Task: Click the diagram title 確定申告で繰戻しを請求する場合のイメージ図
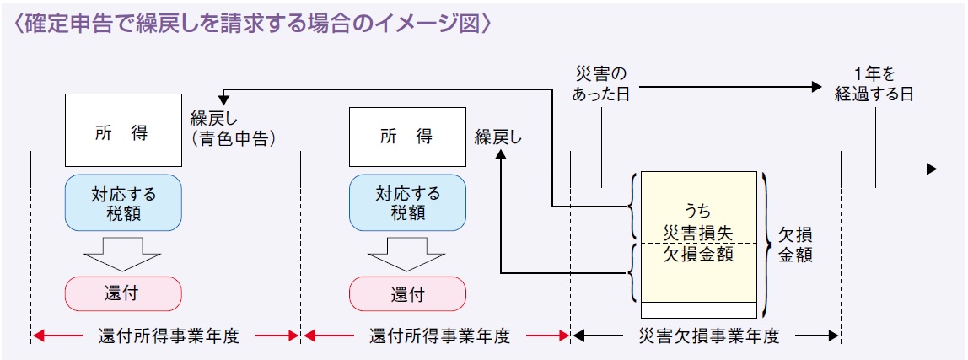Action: click(253, 23)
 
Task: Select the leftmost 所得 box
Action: click(123, 130)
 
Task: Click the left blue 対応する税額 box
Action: click(123, 202)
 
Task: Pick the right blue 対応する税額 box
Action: click(407, 202)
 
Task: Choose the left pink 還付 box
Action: click(123, 293)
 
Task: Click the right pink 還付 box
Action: click(407, 293)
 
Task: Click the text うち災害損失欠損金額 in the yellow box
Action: click(698, 231)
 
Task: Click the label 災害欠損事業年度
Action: click(706, 336)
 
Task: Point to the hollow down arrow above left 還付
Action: click(123, 249)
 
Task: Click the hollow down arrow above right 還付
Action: click(407, 249)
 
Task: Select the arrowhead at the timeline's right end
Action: click(931, 169)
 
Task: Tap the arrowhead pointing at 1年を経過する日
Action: click(815, 86)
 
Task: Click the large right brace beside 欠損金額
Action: click(764, 238)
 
